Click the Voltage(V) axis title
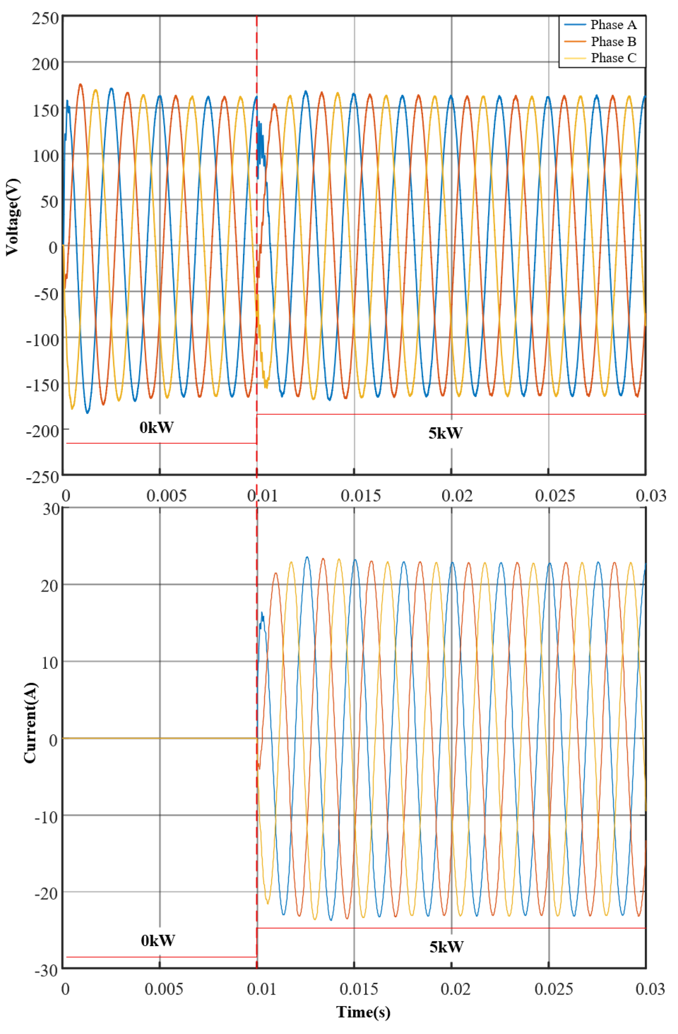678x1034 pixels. tap(12, 217)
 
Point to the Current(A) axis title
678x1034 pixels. tap(30, 723)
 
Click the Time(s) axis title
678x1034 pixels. tap(363, 1011)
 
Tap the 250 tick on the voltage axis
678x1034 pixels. tap(45, 19)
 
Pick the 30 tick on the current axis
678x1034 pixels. tap(51, 509)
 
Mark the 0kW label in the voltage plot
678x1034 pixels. tap(156, 427)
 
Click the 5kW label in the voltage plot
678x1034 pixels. tap(445, 433)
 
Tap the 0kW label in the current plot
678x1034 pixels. tap(158, 941)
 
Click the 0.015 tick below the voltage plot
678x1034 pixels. tap(360, 496)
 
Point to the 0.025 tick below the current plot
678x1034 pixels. tap(554, 989)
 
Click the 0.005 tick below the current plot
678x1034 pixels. tap(164, 989)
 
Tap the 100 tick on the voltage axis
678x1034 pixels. tap(45, 156)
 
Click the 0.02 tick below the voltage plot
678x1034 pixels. tap(457, 496)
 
